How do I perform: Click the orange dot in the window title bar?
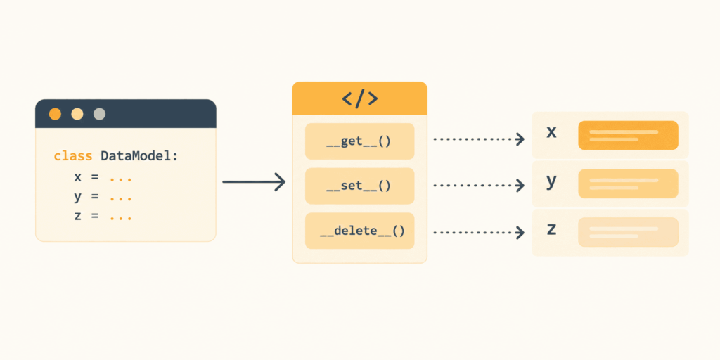[55, 114]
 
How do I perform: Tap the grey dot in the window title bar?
[100, 114]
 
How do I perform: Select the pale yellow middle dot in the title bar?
[77, 114]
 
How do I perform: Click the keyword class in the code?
[73, 156]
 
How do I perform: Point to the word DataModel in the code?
[136, 156]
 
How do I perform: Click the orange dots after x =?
[121, 179]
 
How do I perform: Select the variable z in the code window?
[77, 217]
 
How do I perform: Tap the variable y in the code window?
[77, 198]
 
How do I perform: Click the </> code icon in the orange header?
[360, 98]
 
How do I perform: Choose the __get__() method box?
[360, 141]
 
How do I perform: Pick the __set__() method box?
[360, 186]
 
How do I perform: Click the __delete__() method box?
[360, 231]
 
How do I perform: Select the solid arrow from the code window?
[254, 182]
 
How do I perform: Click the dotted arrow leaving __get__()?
[479, 139]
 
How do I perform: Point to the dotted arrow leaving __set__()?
[479, 186]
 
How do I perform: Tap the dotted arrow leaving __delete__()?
[479, 233]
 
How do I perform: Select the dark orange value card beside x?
[628, 136]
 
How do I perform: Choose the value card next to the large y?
[628, 184]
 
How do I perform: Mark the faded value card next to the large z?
[628, 232]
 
